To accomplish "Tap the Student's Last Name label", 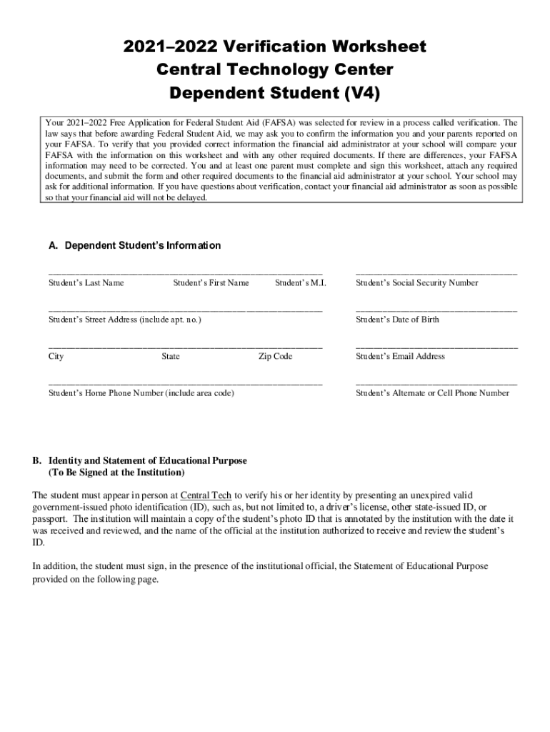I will tap(86, 283).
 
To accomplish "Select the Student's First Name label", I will tap(211, 283).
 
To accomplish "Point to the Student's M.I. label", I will tap(300, 283).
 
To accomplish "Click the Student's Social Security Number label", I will tap(416, 283).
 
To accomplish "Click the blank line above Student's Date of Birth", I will tap(436, 310).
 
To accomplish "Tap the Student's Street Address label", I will tap(124, 320).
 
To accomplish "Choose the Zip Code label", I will tap(275, 356).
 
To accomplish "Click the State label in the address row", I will tap(171, 356).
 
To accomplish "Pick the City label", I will tap(56, 356).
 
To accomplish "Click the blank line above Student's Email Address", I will tap(436, 347).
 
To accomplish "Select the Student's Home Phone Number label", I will tap(141, 393).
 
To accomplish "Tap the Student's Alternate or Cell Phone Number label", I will tap(432, 393).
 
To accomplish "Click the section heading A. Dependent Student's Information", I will tap(134, 246).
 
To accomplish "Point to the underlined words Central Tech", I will tap(206, 495).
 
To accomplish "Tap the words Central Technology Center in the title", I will tap(275, 70).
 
